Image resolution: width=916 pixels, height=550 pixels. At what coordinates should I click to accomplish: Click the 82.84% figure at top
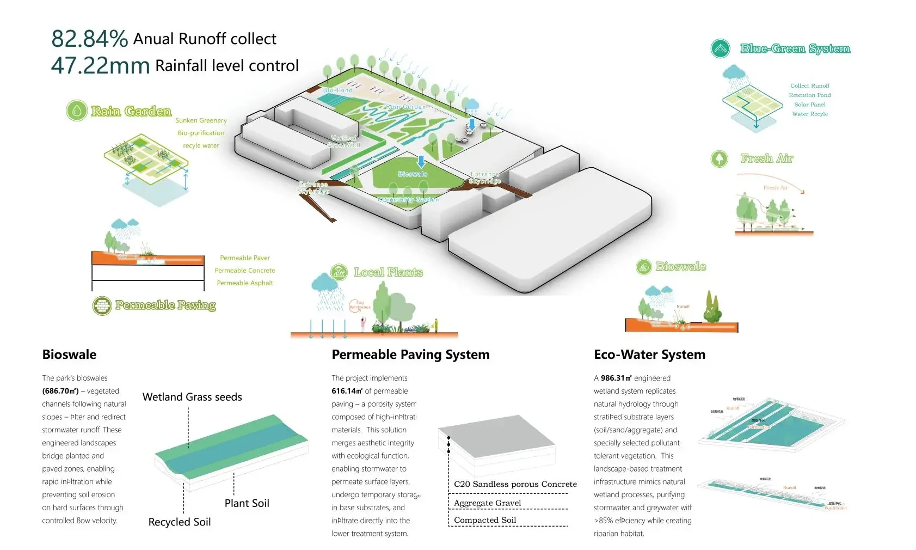(x=89, y=39)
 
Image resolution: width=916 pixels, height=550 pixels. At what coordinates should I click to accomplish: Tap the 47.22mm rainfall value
(x=100, y=65)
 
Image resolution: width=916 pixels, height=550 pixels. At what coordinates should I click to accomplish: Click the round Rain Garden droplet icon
(x=77, y=111)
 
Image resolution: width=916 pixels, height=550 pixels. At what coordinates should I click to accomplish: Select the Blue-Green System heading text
(x=795, y=48)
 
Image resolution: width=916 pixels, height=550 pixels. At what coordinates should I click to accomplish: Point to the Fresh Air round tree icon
(x=720, y=158)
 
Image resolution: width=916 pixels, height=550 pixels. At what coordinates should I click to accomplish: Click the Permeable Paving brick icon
(x=102, y=306)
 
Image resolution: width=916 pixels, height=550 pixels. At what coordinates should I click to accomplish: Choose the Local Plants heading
(x=388, y=272)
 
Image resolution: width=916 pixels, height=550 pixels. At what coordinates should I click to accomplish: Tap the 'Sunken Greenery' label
(x=201, y=120)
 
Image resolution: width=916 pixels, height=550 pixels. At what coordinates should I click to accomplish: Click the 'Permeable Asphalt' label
(x=245, y=283)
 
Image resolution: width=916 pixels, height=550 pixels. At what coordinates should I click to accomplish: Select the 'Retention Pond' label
(x=810, y=95)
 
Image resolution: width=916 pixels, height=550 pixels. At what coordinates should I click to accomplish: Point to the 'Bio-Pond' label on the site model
(x=337, y=90)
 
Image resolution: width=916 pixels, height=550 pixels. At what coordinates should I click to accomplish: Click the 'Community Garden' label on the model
(x=408, y=200)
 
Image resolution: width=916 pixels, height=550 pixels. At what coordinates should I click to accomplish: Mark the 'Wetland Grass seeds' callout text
(x=192, y=397)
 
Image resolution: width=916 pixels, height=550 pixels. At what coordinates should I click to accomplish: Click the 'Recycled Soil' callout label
(x=180, y=522)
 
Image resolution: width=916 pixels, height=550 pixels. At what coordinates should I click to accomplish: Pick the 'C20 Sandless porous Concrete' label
(x=515, y=484)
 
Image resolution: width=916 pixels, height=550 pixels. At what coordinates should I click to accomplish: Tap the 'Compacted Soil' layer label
(x=485, y=520)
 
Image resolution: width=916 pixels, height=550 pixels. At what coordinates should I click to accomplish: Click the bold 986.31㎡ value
(x=616, y=378)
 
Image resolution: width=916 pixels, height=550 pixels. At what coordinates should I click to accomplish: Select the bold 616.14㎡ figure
(x=347, y=391)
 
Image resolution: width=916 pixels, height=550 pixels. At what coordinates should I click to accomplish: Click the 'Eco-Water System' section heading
(x=649, y=355)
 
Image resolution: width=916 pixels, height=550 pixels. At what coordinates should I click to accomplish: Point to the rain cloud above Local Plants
(x=325, y=283)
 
